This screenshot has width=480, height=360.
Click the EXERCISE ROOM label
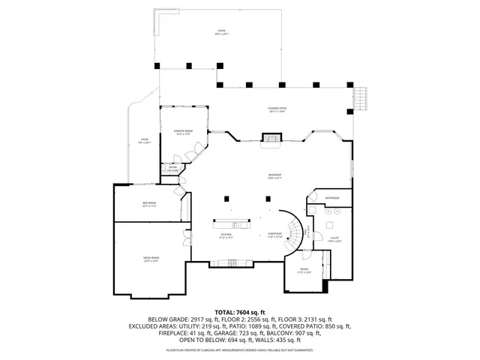(184, 133)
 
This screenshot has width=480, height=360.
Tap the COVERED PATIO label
(277, 110)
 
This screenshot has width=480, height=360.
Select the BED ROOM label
(149, 205)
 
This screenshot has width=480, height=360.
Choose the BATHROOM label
(332, 199)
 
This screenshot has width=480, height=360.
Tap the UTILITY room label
(334, 240)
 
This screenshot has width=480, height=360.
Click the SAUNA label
(172, 169)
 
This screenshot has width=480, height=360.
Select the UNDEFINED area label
(275, 235)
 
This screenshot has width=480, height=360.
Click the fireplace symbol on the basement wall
(271, 138)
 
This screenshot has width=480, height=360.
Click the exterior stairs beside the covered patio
(361, 97)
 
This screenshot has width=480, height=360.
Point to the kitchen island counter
(233, 223)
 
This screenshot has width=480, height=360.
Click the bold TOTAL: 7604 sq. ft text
(240, 311)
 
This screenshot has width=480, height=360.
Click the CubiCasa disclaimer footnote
(240, 350)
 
